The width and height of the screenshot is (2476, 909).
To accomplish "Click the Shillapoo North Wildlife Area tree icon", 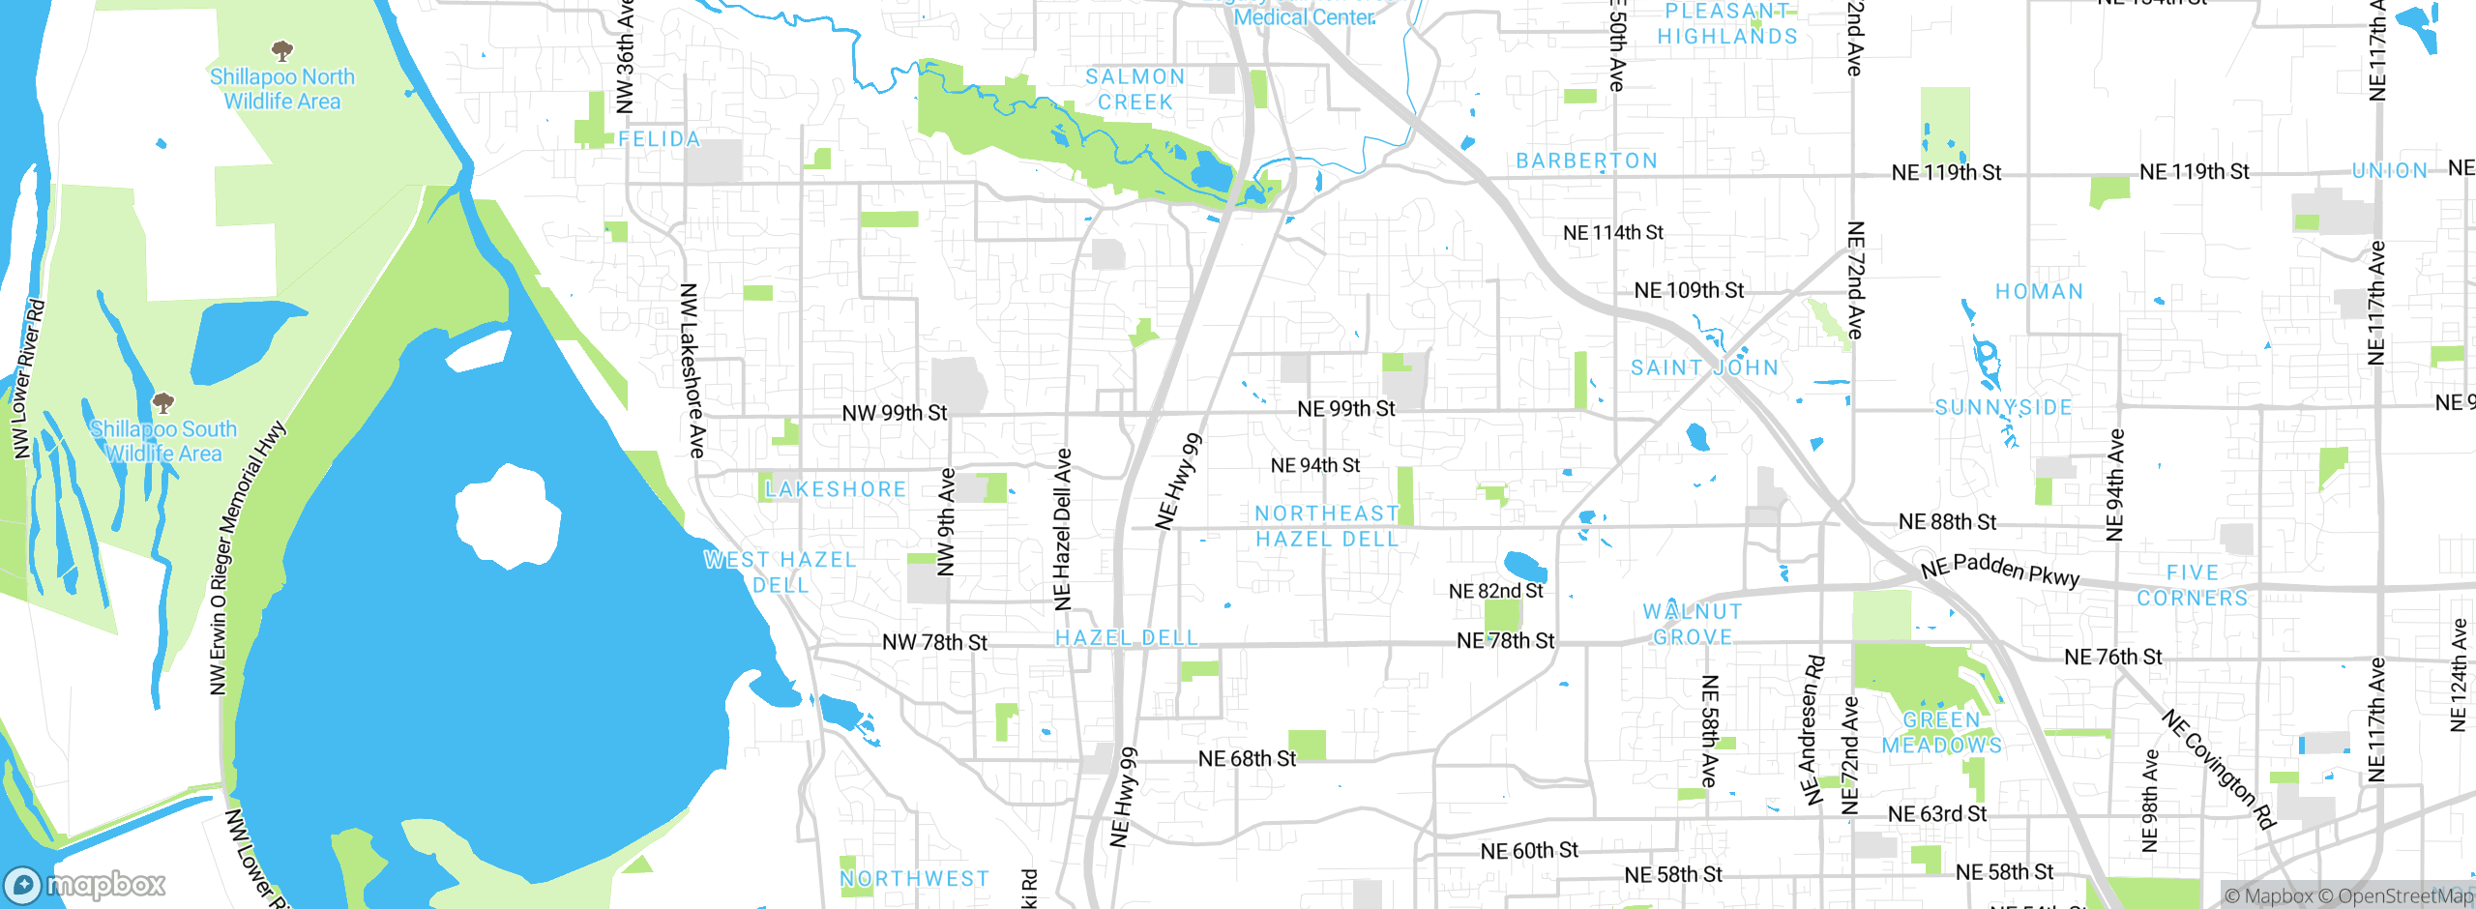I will tap(282, 49).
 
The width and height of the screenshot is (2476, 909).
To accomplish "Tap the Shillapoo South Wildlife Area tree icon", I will tap(163, 401).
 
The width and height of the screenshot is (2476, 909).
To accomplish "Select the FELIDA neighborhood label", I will tap(659, 139).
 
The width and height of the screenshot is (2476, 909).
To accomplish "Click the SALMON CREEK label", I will tap(1135, 89).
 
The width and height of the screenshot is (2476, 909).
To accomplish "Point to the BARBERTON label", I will tap(1586, 161).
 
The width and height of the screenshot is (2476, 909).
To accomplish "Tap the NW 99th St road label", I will tap(895, 413).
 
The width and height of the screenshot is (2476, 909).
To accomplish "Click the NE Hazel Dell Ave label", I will tap(1062, 529).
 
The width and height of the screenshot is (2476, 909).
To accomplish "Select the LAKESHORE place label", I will tap(836, 489).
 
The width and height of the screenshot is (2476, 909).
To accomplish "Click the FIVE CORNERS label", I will tap(2193, 585).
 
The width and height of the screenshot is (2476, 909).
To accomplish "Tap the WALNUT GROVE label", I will tap(1693, 624).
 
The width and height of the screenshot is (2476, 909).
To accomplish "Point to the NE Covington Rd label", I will tap(2219, 770).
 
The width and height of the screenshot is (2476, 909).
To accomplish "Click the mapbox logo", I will tap(85, 884).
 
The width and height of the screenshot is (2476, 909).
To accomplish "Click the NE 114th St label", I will tap(1612, 232).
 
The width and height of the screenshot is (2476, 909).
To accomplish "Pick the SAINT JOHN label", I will tap(1704, 367).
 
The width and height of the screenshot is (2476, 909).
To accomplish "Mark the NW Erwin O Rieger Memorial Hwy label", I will tap(247, 558).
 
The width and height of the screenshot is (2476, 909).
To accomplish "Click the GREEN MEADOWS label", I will tap(1941, 732).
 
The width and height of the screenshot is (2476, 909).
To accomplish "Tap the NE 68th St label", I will tap(1247, 759).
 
